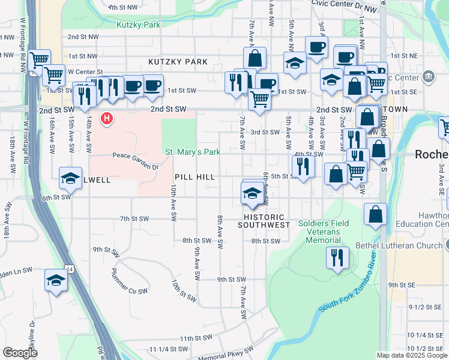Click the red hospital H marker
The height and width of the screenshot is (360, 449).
click(107, 119)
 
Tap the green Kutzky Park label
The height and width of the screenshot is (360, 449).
click(139, 25)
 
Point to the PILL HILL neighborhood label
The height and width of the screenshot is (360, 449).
click(194, 177)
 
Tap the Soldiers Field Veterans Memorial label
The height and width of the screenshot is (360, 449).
click(323, 232)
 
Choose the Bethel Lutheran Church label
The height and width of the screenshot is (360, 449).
click(406, 245)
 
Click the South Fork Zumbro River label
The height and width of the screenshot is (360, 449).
click(346, 286)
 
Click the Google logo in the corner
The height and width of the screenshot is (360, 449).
click(20, 353)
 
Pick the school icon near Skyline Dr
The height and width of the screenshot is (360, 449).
click(56, 281)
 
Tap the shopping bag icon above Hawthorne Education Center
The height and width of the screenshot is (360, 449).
click(375, 215)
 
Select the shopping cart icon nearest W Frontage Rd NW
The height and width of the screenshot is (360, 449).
click(39, 60)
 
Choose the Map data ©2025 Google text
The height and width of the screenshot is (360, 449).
click(412, 355)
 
